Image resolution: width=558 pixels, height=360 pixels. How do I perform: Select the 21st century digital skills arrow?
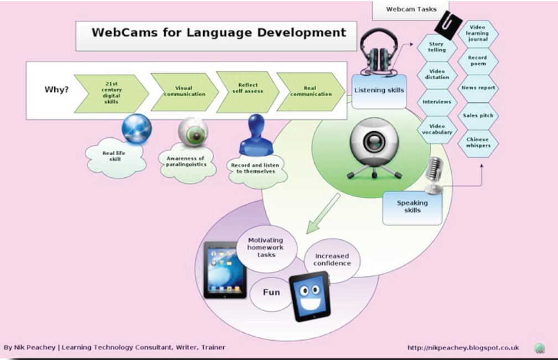pyautogui.click(x=111, y=93)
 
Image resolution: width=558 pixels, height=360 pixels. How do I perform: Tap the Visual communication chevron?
pyautogui.click(x=184, y=91)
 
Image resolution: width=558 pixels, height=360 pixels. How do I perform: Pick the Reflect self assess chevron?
pyautogui.click(x=247, y=89)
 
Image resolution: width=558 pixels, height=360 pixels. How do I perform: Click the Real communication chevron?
pyautogui.click(x=310, y=91)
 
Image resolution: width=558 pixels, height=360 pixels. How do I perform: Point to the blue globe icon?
pyautogui.click(x=136, y=128)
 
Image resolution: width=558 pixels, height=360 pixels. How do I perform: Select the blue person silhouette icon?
pyautogui.click(x=255, y=135)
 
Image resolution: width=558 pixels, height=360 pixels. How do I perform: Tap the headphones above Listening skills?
pyautogui.click(x=379, y=53)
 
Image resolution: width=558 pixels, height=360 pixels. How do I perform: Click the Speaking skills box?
pyautogui.click(x=412, y=207)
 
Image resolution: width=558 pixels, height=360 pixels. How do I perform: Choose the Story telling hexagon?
pyautogui.click(x=436, y=47)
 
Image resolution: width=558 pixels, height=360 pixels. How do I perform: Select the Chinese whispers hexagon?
pyautogui.click(x=477, y=142)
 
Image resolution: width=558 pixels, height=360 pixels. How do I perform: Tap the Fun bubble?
pyautogui.click(x=271, y=292)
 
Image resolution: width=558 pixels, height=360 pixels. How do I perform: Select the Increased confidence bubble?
pyautogui.click(x=332, y=260)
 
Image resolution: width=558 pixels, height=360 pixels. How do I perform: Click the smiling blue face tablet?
pyautogui.click(x=309, y=296)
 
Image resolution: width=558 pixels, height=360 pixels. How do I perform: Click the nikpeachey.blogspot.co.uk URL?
pyautogui.click(x=463, y=347)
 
